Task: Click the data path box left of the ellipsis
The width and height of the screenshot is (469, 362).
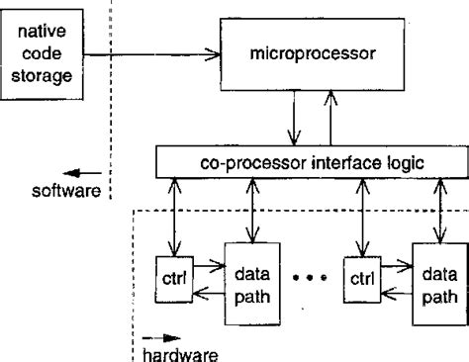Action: coord(246,283)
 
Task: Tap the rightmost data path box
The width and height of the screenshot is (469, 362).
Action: coord(435,283)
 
